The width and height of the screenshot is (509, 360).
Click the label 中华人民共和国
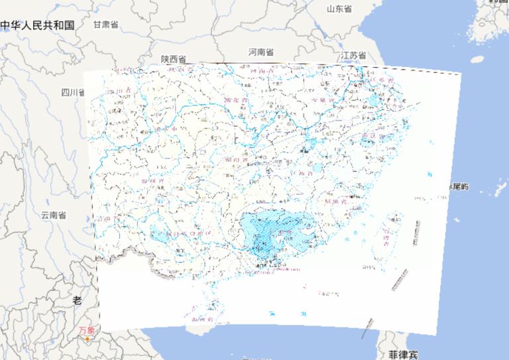tap(37, 26)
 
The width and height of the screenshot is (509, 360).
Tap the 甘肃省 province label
tap(105, 25)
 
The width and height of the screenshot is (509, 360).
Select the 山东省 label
tap(339, 9)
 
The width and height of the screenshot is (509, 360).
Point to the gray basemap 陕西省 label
tap(174, 59)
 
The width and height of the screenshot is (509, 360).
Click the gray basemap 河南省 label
tap(261, 52)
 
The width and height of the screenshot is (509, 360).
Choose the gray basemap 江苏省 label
tap(353, 56)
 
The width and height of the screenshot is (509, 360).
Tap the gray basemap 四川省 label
tap(73, 92)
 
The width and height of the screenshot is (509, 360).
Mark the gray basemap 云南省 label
tap(53, 215)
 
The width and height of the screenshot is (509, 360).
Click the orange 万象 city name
tap(87, 330)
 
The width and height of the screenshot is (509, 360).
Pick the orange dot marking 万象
tap(87, 339)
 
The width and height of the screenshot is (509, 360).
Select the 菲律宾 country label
tap(404, 355)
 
